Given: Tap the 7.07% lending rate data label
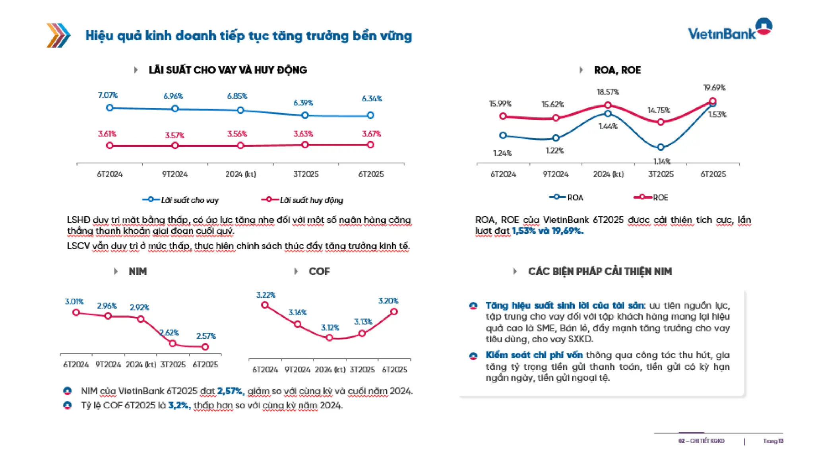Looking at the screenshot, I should click(x=108, y=95).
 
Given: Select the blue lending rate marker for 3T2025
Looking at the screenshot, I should click(x=305, y=115).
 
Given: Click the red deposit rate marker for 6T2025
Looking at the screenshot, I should click(x=370, y=145).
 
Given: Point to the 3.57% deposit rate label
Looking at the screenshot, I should click(x=174, y=136).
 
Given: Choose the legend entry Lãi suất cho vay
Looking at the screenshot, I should click(x=181, y=200).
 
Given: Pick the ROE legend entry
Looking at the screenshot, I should click(x=652, y=198).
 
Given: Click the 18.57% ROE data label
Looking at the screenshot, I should click(x=608, y=92).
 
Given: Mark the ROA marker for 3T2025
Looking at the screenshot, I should click(x=661, y=147).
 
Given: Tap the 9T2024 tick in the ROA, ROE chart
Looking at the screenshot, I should click(x=555, y=174).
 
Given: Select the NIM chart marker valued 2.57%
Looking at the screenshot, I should click(x=205, y=347).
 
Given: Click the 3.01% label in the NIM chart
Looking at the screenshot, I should click(x=74, y=302).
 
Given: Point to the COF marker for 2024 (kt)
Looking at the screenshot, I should click(x=329, y=338).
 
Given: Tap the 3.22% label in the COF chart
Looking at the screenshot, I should click(x=266, y=295).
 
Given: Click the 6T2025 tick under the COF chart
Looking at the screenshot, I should click(x=394, y=370).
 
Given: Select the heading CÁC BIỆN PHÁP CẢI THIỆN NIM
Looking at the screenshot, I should click(x=600, y=272).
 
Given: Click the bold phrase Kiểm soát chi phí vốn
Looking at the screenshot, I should click(x=534, y=355).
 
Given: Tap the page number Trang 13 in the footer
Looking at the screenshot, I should click(x=773, y=441).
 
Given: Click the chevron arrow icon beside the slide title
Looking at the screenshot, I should click(x=58, y=36).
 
